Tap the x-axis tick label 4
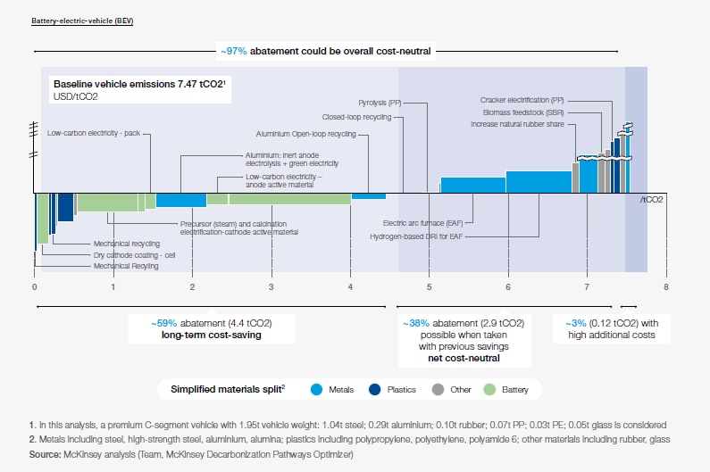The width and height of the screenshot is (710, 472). [350, 286]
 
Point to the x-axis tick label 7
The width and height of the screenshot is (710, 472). [587, 286]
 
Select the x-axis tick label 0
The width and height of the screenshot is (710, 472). [34, 286]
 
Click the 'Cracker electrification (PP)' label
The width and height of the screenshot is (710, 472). [522, 101]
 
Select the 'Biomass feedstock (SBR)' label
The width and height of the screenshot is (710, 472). [524, 112]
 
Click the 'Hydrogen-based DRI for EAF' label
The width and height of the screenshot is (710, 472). [415, 236]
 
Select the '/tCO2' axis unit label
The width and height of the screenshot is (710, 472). [652, 200]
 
